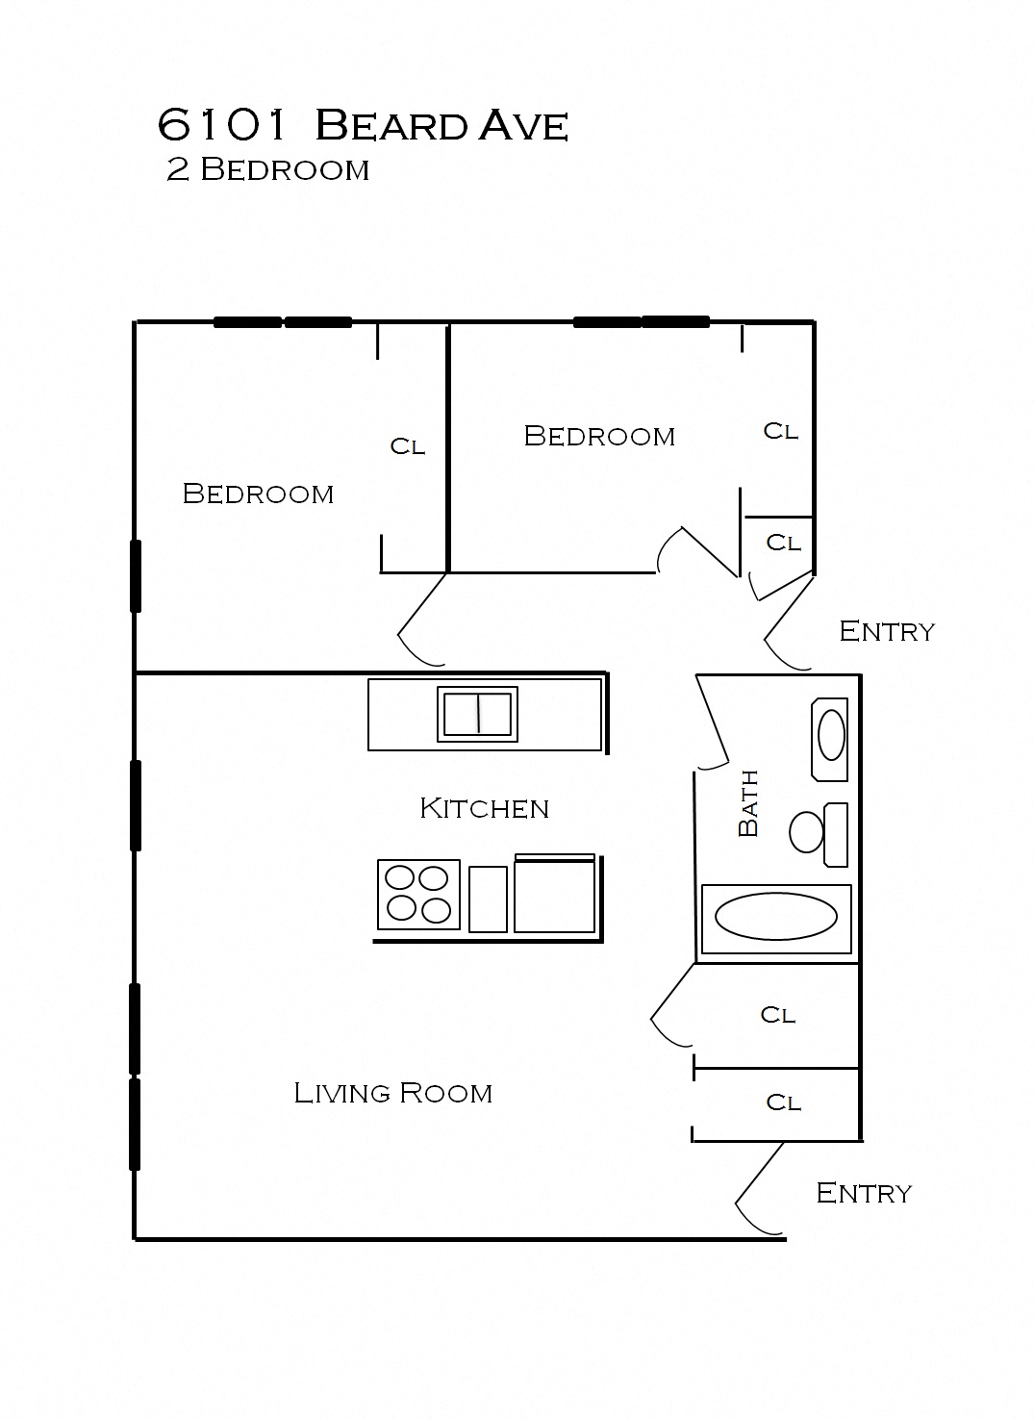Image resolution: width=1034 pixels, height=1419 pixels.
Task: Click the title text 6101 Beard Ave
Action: click(x=363, y=125)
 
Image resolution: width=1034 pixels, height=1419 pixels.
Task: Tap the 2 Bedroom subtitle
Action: click(x=267, y=170)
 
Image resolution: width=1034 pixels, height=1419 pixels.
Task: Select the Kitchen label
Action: click(x=484, y=808)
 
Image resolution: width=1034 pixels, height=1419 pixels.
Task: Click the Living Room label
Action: click(x=392, y=1093)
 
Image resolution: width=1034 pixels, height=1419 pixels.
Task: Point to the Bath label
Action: click(x=748, y=803)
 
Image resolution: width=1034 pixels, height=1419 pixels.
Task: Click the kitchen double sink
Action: click(x=477, y=713)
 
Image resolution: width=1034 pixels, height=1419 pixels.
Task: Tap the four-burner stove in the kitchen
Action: click(x=418, y=894)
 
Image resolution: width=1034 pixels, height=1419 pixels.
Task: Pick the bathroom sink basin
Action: click(x=831, y=736)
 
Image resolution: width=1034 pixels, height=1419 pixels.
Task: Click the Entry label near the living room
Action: click(x=863, y=1193)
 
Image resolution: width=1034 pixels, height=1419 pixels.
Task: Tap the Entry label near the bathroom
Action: click(x=886, y=631)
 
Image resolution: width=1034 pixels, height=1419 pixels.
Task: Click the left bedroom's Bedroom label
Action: click(x=258, y=494)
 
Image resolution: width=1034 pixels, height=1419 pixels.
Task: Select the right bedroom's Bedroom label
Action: click(x=599, y=436)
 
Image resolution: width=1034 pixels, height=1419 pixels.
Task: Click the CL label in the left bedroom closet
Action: click(x=407, y=446)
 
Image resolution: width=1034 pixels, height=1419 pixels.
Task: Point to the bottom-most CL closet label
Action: click(x=783, y=1102)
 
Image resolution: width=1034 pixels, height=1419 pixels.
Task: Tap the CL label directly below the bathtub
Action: click(x=777, y=1015)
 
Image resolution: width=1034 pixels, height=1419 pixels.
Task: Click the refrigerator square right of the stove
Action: click(x=554, y=896)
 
